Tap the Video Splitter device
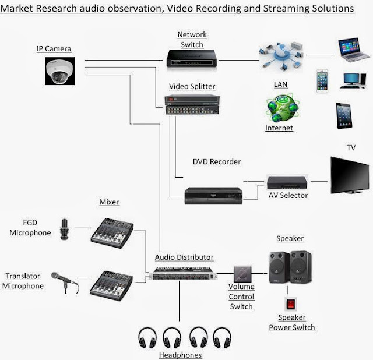pyautogui.click(x=192, y=104)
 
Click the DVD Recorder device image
pyautogui.click(x=213, y=195)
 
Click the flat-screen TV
pyautogui.click(x=351, y=174)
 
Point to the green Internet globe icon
pyautogui.click(x=279, y=109)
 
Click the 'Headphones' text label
pyautogui.click(x=180, y=355)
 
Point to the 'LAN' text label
pyautogui.click(x=280, y=84)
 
